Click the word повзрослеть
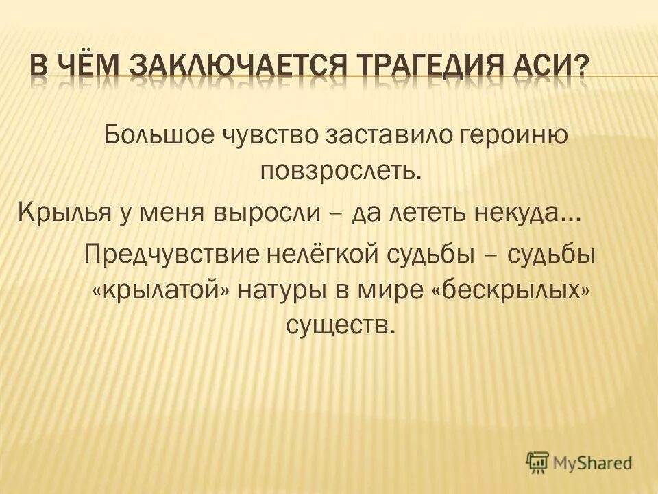339,169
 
